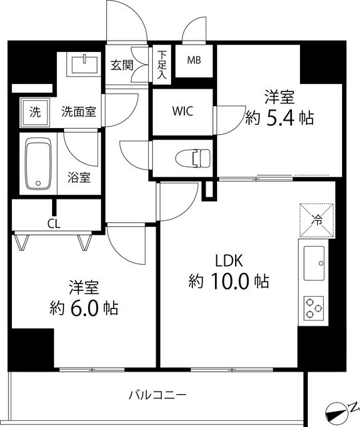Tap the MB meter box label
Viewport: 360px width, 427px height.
[x=194, y=61]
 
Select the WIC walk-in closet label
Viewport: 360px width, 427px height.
[x=182, y=111]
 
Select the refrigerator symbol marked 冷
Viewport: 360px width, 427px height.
[x=315, y=218]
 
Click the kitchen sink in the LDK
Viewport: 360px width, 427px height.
[x=314, y=263]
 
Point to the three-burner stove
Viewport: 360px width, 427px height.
[x=314, y=309]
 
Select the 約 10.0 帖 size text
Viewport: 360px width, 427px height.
[x=228, y=282]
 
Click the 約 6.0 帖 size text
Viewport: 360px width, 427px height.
[x=83, y=309]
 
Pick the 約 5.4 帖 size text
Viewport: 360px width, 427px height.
[x=279, y=118]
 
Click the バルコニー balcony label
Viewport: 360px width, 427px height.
[x=157, y=395]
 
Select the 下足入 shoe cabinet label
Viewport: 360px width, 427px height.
[x=162, y=65]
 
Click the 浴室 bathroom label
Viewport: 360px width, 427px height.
[x=79, y=178]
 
